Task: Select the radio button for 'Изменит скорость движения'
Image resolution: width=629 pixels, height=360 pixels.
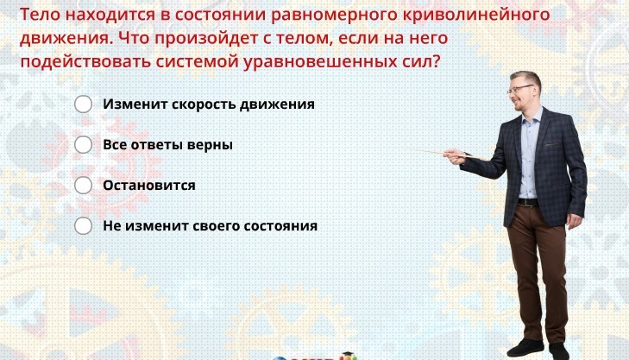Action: point(83,104)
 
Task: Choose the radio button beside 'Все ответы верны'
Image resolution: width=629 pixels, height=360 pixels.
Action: point(83,145)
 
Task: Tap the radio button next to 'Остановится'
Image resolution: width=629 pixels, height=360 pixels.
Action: point(83,186)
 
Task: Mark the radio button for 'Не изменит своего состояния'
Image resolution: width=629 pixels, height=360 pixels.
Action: point(83,226)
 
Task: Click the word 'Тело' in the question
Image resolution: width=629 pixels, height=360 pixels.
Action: point(40,15)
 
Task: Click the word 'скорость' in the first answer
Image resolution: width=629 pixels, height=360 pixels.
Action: point(204,104)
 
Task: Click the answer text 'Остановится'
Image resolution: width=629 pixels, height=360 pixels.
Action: point(149,186)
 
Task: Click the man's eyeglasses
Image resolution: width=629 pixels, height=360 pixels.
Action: point(519,89)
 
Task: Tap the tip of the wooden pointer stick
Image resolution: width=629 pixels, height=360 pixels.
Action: point(413,149)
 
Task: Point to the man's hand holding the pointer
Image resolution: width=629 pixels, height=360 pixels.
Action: point(455,156)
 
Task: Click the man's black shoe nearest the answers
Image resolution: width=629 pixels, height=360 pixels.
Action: point(525,348)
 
